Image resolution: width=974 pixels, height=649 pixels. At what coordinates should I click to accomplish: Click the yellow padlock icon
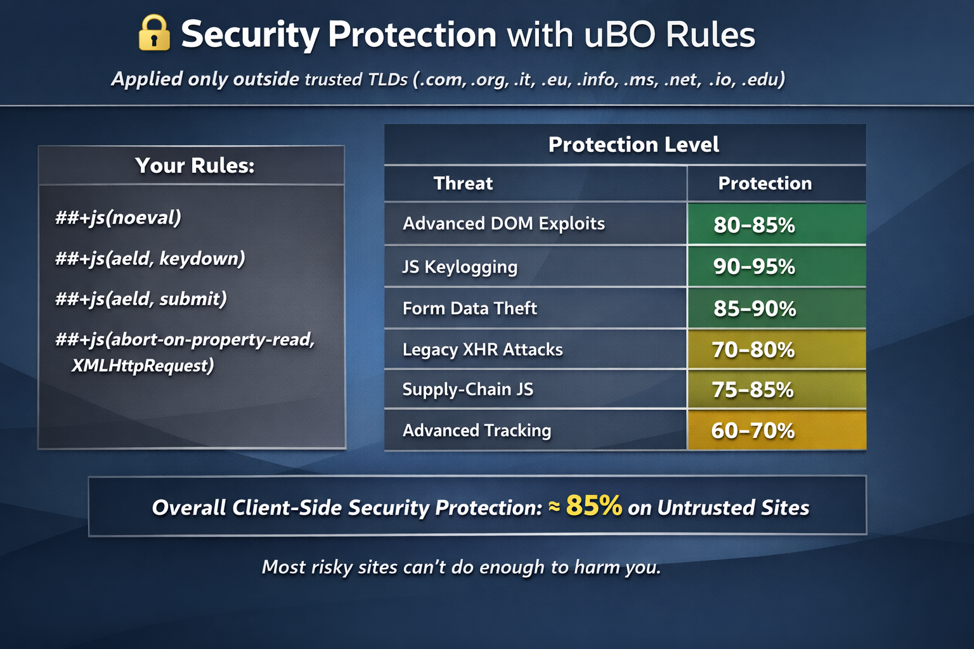[x=153, y=33]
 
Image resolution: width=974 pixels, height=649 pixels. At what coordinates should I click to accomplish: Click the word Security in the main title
[x=250, y=35]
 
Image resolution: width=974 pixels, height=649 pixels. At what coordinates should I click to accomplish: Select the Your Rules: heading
[x=195, y=165]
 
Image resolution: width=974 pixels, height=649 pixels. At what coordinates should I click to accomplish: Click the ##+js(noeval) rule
[x=118, y=217]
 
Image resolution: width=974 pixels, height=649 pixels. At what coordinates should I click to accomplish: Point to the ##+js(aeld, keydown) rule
[x=150, y=258]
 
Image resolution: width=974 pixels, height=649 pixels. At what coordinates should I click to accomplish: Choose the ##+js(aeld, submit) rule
[x=141, y=299]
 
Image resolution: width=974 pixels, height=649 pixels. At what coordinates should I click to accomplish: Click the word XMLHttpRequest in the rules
[x=143, y=366]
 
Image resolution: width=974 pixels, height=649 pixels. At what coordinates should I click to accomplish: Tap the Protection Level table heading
[x=633, y=145]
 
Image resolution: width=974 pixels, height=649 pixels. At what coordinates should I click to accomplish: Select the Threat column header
[x=463, y=183]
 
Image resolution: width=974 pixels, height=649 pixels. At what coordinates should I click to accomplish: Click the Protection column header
[x=765, y=183]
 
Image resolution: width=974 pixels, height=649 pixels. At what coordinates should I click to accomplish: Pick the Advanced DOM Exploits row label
[x=503, y=224]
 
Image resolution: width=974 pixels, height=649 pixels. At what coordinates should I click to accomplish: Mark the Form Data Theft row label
[x=470, y=308]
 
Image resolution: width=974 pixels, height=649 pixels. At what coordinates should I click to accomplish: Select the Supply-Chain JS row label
[x=468, y=390]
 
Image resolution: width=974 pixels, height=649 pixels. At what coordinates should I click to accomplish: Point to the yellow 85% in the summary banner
[x=594, y=505]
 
